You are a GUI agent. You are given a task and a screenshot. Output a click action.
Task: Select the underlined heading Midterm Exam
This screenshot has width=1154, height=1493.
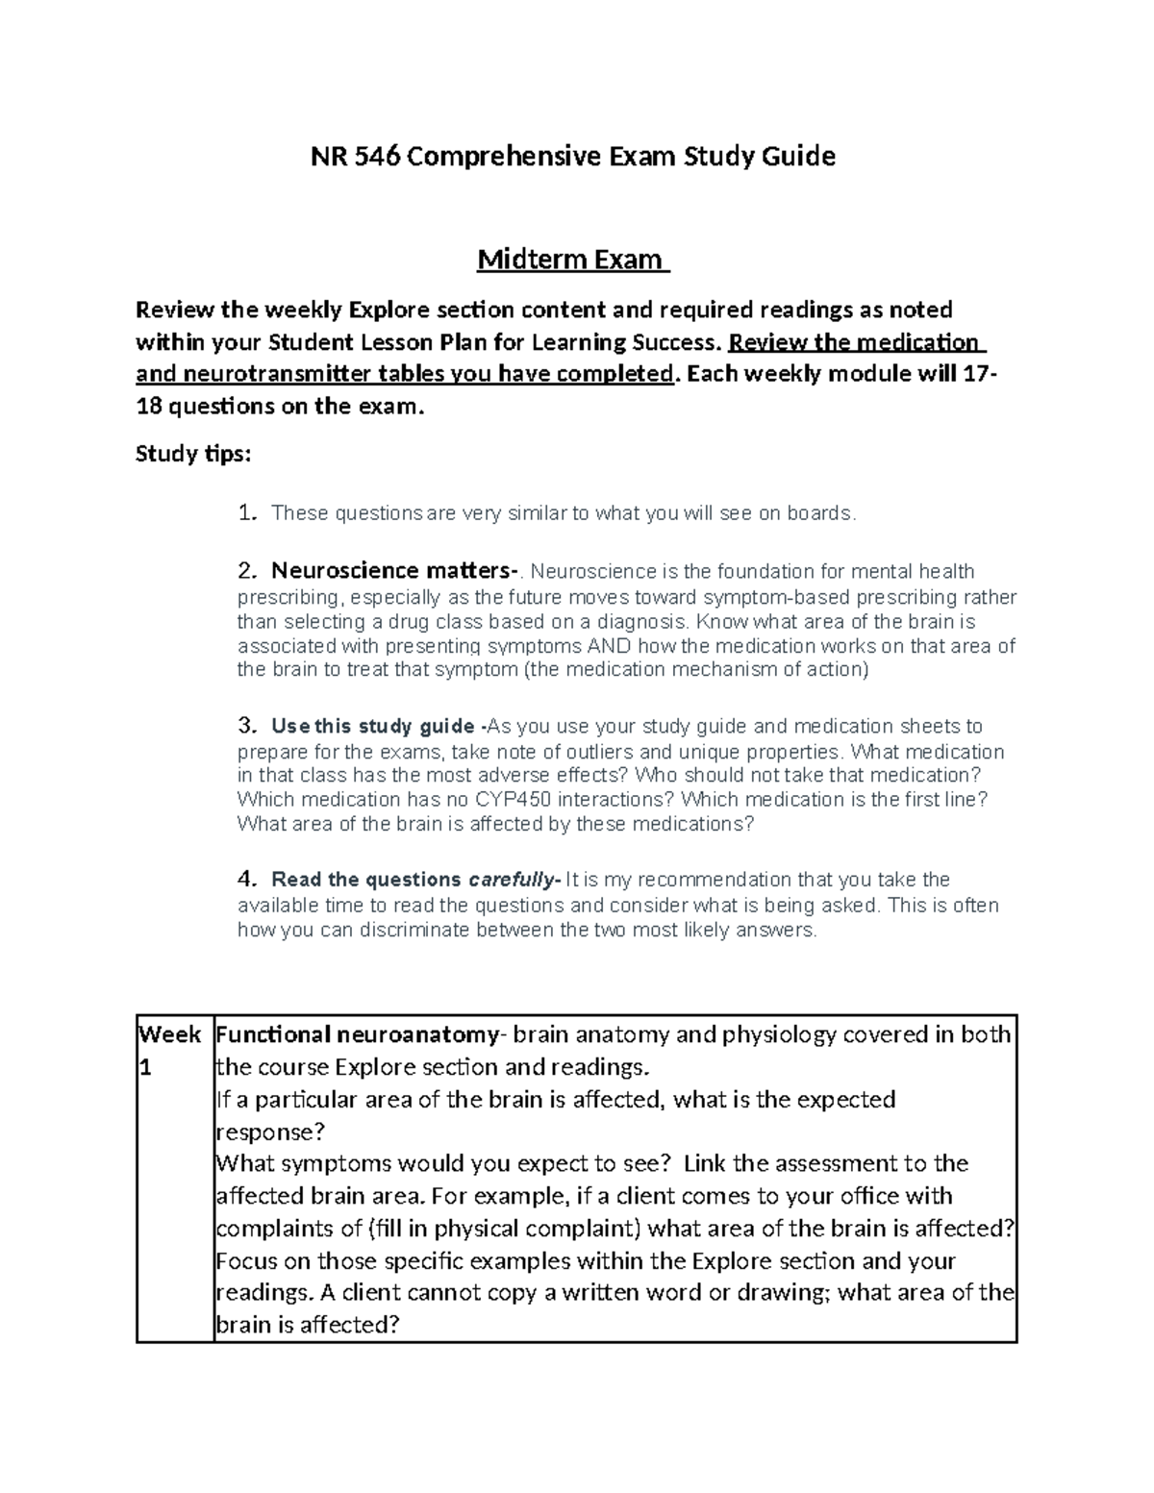click(x=572, y=260)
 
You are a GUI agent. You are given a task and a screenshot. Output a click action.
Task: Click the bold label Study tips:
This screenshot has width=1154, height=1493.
click(x=192, y=453)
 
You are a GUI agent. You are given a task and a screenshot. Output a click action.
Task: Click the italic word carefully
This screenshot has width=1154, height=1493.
click(x=512, y=880)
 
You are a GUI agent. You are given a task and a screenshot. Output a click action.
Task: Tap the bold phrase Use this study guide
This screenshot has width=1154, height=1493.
click(x=372, y=726)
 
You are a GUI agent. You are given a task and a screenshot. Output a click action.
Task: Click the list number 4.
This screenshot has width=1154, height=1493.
click(x=246, y=880)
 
